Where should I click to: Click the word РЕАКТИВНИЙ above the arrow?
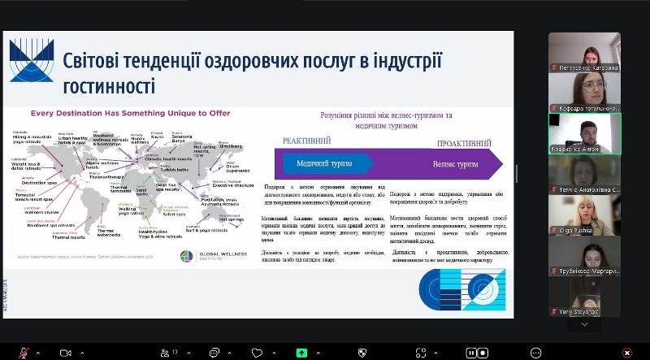[x=306, y=141]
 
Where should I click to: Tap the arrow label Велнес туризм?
[x=455, y=164]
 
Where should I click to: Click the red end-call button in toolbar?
[x=626, y=353]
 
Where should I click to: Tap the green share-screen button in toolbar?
[x=301, y=353]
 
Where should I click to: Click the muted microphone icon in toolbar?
[x=24, y=353]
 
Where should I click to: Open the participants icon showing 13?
[x=167, y=353]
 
